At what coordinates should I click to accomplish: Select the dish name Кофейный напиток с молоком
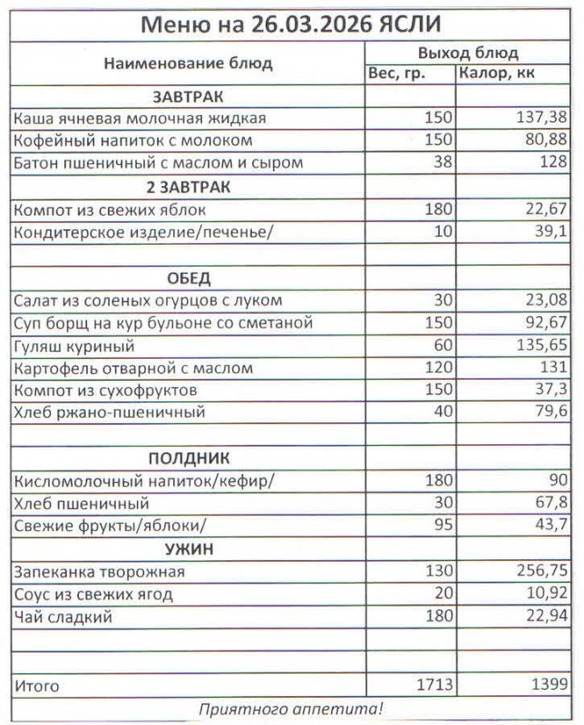click(x=133, y=141)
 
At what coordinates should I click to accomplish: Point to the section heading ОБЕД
click(x=188, y=277)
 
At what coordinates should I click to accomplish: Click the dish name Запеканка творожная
click(x=100, y=572)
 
